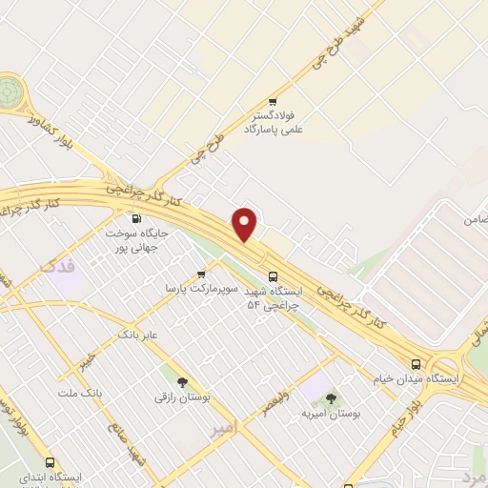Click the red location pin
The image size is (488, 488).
pos(245,225)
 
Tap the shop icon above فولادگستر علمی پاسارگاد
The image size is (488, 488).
pos(273,101)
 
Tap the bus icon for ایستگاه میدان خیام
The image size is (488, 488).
pos(416,364)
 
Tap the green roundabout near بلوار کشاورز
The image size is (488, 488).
pos(10,91)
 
